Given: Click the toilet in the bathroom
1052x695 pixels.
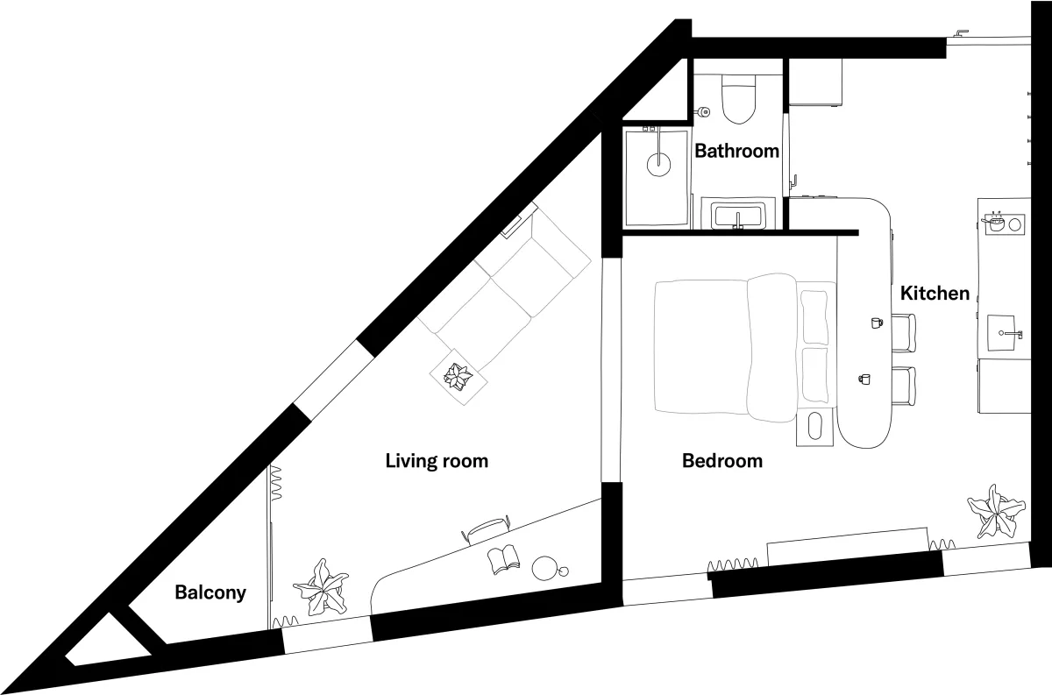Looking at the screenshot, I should [x=738, y=100].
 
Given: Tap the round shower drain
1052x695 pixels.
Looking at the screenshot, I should [x=657, y=162].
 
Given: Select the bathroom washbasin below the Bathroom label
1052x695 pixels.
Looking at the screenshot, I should [x=739, y=215].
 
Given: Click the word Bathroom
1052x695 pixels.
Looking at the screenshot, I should [x=736, y=151].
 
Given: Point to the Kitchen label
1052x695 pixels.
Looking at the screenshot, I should [x=935, y=294].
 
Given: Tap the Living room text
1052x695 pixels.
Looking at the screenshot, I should [x=437, y=460].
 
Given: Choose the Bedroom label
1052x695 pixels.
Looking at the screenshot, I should [x=721, y=460].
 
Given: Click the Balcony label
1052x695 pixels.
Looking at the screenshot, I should [x=210, y=592].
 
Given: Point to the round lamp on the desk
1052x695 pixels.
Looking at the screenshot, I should [x=546, y=568].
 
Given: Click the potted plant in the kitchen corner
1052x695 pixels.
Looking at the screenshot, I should [x=996, y=510].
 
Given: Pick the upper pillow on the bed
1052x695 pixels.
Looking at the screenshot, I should [x=814, y=316].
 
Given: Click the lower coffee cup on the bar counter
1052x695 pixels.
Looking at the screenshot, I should [x=864, y=379].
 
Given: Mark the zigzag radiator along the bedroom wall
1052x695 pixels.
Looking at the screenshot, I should [x=735, y=564].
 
